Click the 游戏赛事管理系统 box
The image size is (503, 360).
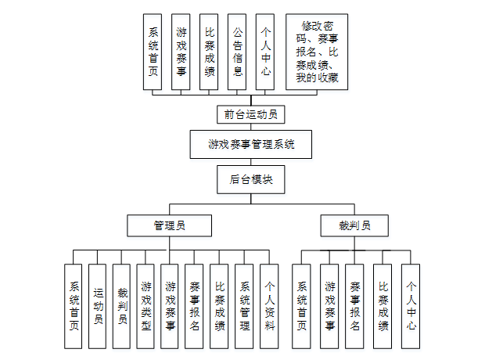tap(250, 144)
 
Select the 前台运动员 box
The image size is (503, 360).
tap(250, 114)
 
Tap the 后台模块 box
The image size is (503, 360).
tap(250, 179)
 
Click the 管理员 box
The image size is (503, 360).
tap(169, 225)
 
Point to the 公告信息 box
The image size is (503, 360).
tap(238, 52)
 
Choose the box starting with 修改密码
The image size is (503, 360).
tap(318, 52)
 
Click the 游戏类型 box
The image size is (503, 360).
tap(146, 306)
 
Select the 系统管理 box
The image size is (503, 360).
tap(244, 306)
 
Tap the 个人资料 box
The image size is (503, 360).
tap(268, 306)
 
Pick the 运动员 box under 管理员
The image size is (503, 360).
tap(97, 306)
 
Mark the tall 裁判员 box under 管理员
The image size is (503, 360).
tap(121, 306)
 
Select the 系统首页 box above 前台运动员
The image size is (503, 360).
tap(153, 52)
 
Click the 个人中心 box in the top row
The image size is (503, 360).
tap(266, 52)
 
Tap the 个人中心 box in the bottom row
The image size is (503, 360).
tap(411, 306)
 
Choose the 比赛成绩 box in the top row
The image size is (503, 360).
tap(210, 52)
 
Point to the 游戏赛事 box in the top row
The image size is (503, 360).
tap(181, 52)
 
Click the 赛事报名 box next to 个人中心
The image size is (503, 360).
tap(355, 306)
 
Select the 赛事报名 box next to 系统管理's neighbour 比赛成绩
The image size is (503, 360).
tap(195, 306)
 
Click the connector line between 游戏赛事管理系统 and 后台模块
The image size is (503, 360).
tap(250, 161)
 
